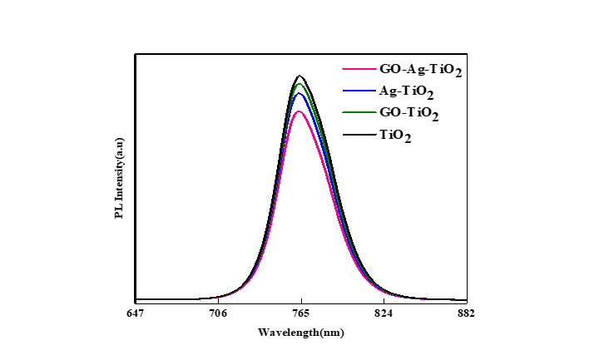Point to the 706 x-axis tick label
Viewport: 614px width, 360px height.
coord(218,313)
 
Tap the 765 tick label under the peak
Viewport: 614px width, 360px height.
coord(301,313)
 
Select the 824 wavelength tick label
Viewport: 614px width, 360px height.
coord(384,313)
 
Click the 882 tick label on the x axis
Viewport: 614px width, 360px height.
coord(466,313)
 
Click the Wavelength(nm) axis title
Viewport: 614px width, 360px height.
coord(300,333)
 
